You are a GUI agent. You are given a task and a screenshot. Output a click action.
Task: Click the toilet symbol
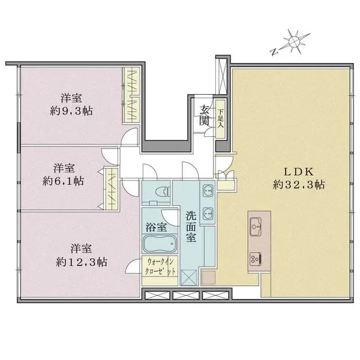(163, 191)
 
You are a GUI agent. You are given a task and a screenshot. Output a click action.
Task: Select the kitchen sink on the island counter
(256, 227)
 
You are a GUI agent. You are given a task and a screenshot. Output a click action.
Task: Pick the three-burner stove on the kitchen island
(256, 259)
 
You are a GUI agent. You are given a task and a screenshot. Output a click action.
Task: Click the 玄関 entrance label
(204, 115)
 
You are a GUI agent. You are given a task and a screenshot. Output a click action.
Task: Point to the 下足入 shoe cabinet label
(221, 119)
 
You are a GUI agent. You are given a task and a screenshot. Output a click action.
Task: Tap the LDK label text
(299, 172)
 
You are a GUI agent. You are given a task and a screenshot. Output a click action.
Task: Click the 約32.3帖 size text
(299, 184)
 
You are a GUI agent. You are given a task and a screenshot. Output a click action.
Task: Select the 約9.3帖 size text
(71, 111)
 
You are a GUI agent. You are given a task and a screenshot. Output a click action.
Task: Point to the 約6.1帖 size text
(63, 181)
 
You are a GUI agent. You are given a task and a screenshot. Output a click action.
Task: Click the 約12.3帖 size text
(82, 262)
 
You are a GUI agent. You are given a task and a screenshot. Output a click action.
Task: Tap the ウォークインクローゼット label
(160, 266)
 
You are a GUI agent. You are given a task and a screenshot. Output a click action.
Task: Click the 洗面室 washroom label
(191, 227)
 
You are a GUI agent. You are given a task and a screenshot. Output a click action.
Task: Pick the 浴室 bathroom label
(156, 227)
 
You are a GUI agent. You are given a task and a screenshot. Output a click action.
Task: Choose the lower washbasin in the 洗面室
(208, 213)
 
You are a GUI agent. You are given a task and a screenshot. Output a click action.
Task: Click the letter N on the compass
(274, 52)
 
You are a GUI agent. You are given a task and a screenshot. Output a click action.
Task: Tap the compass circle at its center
(295, 41)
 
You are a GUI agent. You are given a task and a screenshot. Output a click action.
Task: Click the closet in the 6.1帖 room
(112, 189)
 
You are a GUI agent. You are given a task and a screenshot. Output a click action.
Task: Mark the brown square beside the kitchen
(208, 278)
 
